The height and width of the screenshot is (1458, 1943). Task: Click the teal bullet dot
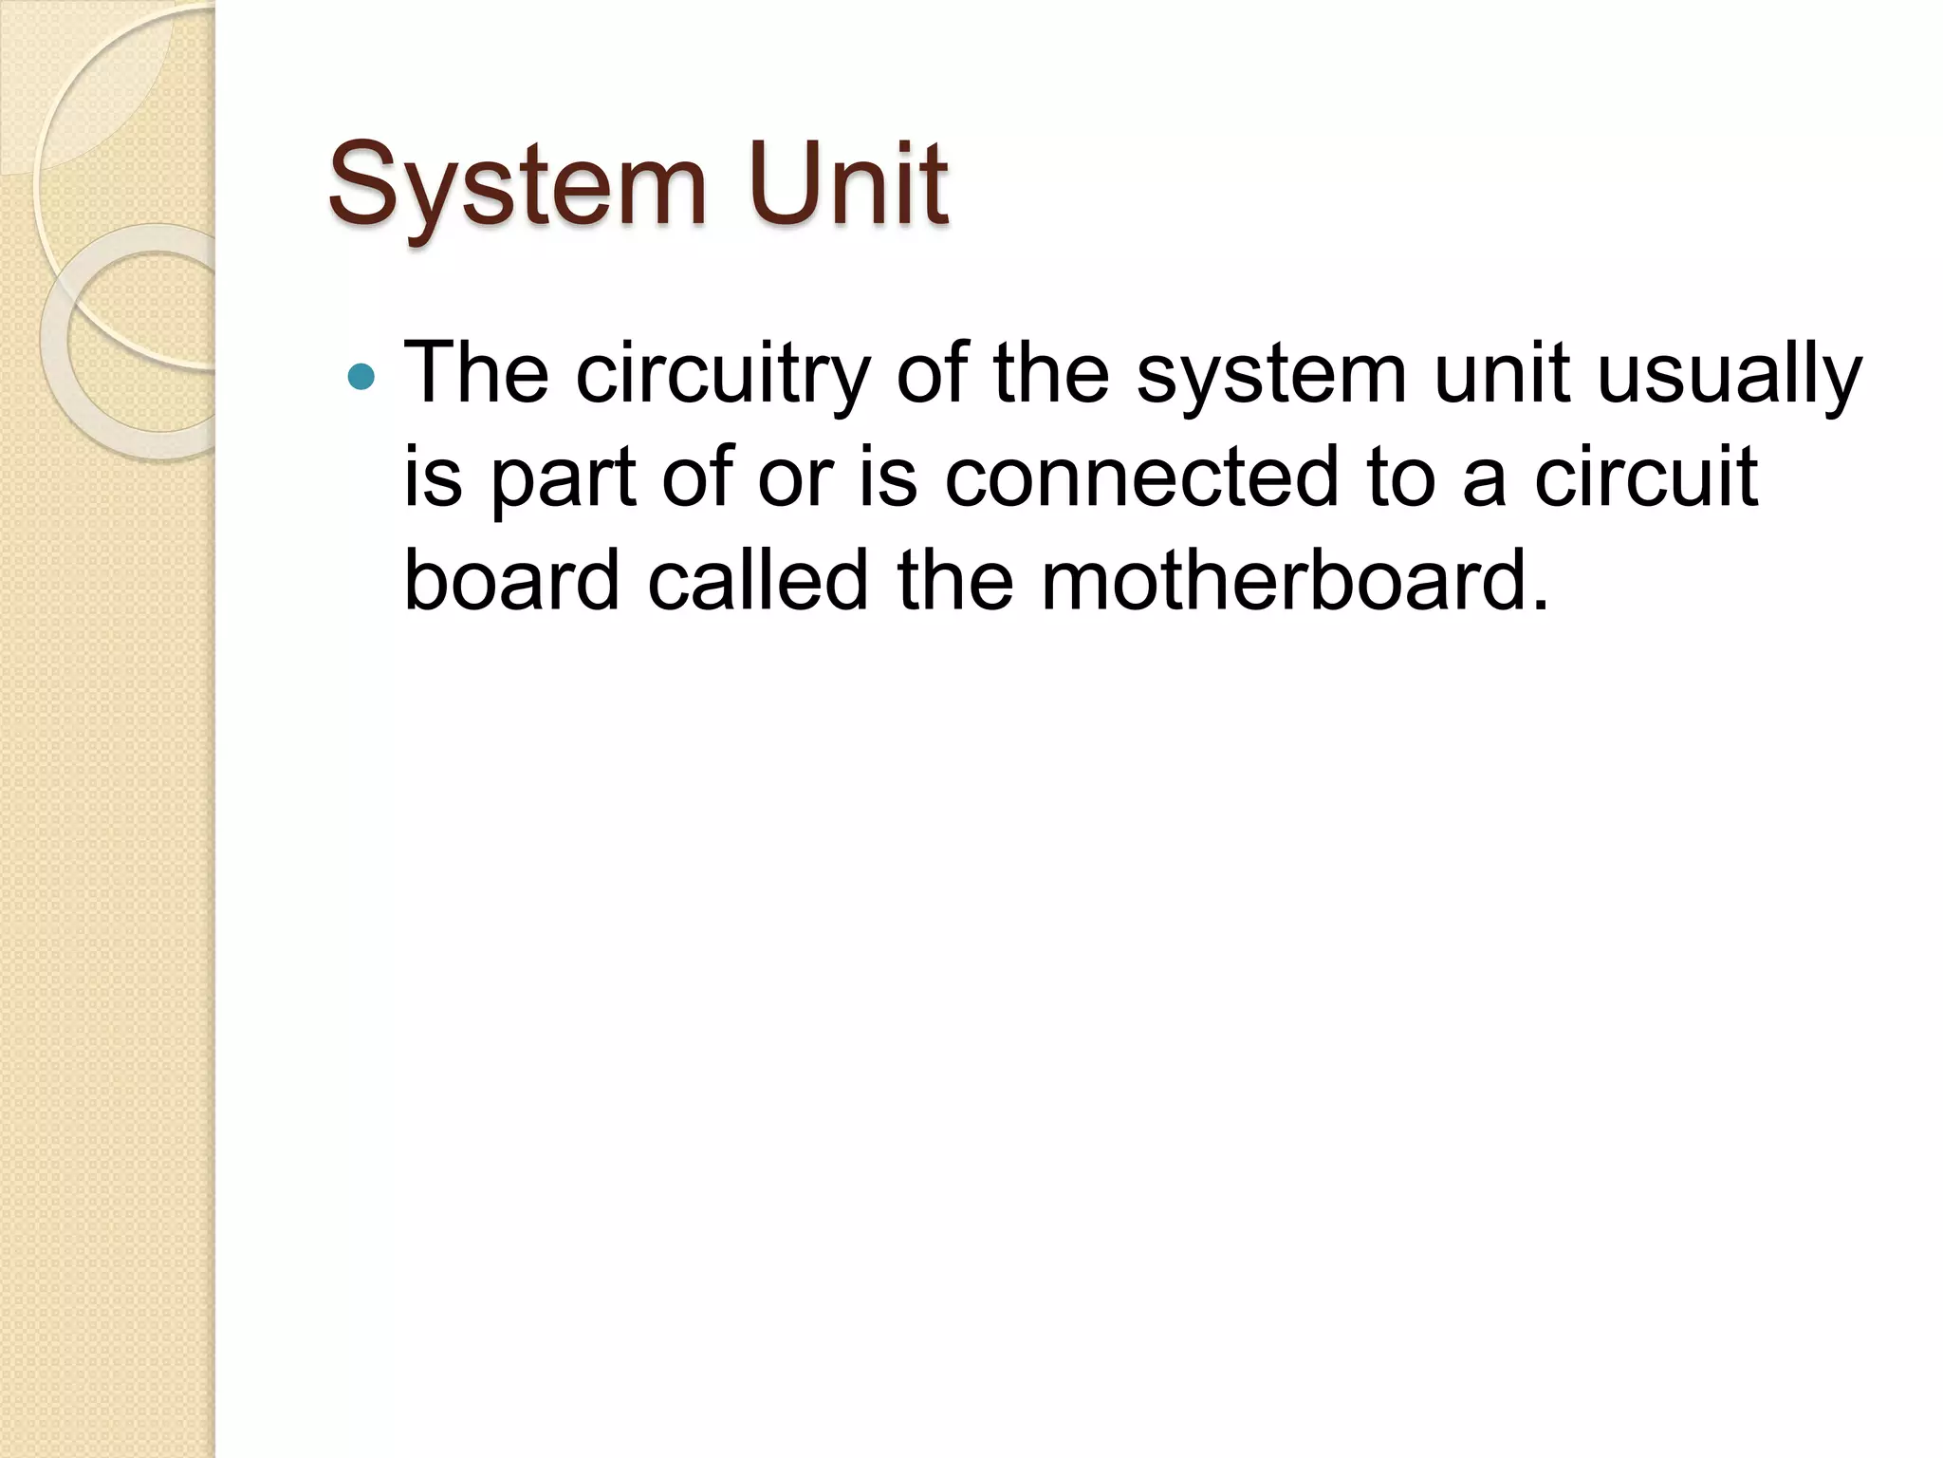361,378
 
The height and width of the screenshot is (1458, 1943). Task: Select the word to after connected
1400,477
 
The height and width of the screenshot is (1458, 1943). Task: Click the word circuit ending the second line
1646,477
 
